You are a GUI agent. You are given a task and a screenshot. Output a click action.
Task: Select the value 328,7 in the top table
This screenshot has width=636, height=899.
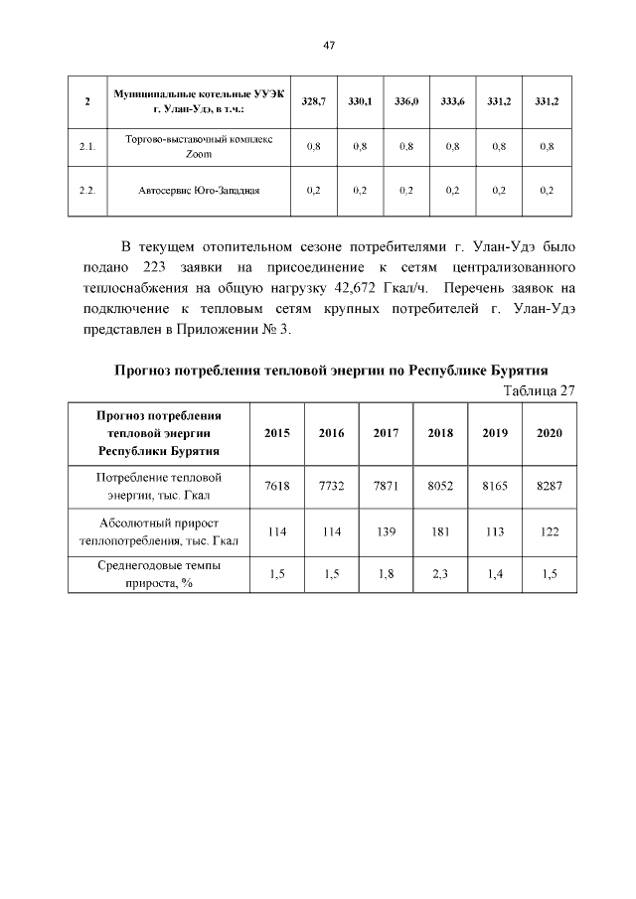pyautogui.click(x=313, y=101)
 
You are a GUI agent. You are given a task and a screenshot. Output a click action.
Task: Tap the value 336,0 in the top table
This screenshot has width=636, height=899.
pyautogui.click(x=406, y=101)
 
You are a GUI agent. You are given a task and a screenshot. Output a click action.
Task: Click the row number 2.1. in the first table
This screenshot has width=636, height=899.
pyautogui.click(x=86, y=147)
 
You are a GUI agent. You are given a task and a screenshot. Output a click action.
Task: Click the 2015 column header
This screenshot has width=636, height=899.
pyautogui.click(x=277, y=433)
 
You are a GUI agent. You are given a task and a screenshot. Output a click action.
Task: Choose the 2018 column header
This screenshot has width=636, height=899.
pyautogui.click(x=440, y=433)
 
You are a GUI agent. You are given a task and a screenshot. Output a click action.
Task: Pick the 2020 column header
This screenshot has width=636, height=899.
pyautogui.click(x=549, y=433)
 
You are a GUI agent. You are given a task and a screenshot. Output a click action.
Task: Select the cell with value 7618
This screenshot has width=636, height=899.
pyautogui.click(x=277, y=486)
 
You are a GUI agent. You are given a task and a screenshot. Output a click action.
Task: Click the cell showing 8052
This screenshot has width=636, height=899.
pyautogui.click(x=440, y=486)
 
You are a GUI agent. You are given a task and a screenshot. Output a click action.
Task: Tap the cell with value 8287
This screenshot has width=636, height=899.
pyautogui.click(x=549, y=486)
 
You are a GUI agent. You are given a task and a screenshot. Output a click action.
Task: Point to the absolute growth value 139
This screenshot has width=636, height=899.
pyautogui.click(x=386, y=531)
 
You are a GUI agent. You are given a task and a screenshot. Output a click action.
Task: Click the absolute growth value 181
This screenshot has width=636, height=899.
pyautogui.click(x=440, y=531)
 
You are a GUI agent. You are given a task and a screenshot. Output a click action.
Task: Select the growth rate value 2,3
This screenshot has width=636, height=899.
pyautogui.click(x=440, y=575)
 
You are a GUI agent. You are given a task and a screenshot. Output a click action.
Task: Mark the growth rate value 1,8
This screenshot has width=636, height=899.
pyautogui.click(x=386, y=575)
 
